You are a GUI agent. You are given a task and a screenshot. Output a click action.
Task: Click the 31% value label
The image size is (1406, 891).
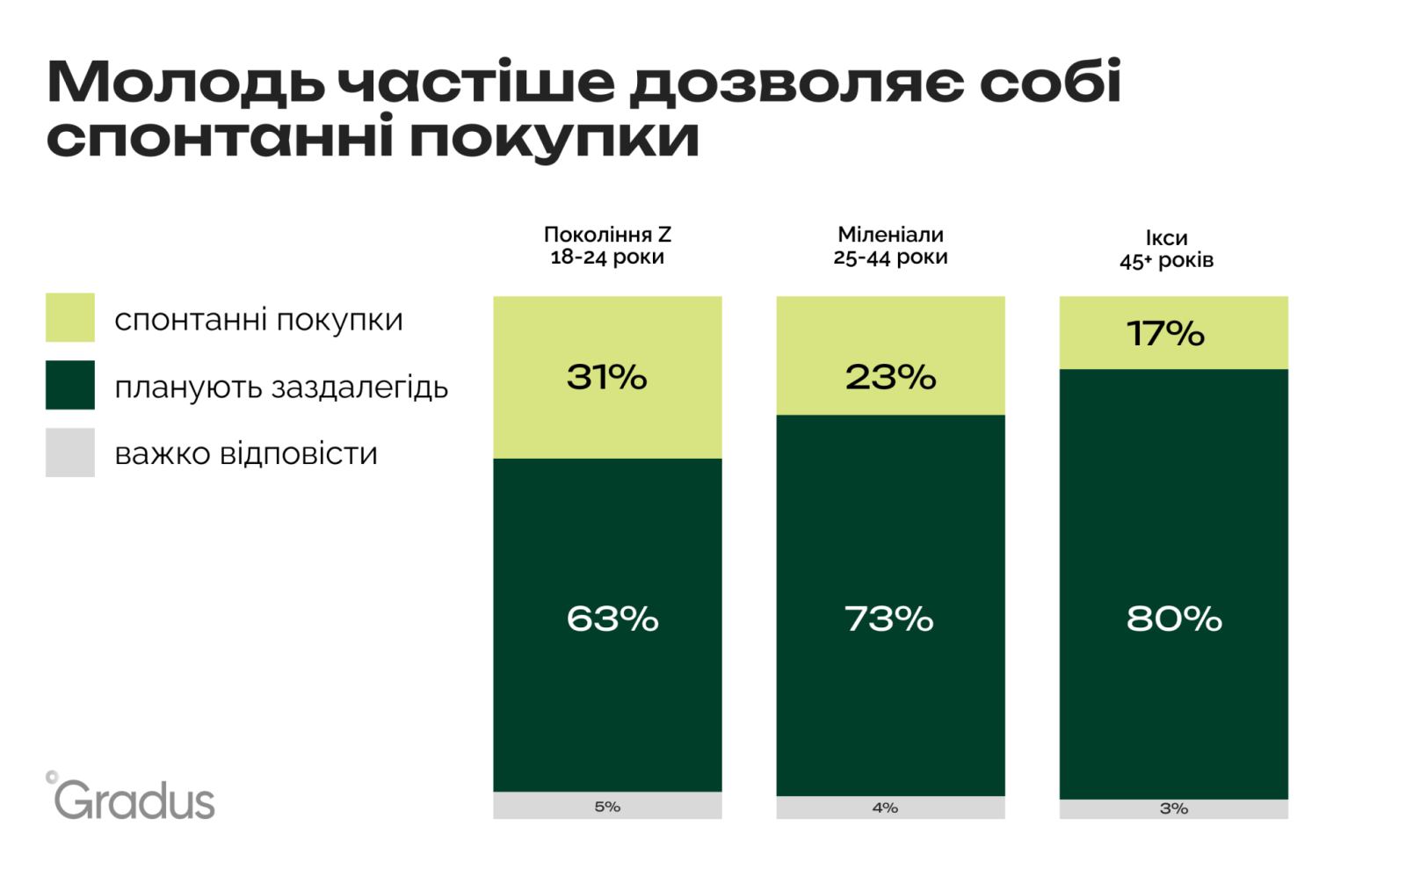point(606,377)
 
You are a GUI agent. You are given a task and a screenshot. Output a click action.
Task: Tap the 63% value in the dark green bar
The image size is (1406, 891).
point(612,619)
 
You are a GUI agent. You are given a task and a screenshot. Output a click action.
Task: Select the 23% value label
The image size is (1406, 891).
point(890,377)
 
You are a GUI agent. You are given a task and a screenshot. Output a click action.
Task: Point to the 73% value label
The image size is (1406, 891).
point(889,619)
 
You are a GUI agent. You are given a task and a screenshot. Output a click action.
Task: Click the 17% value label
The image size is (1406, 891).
point(1165,334)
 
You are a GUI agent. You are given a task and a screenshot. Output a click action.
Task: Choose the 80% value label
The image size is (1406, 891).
point(1174,619)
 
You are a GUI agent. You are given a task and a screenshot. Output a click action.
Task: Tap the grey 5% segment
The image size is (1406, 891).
point(607,806)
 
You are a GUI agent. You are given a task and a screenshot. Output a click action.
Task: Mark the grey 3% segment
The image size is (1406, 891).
point(1174,808)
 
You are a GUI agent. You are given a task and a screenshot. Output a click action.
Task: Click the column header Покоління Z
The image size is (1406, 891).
point(607,245)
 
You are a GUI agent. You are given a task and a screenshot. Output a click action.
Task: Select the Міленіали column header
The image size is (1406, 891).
point(890,245)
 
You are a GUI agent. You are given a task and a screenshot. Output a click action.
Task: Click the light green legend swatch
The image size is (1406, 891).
point(70,317)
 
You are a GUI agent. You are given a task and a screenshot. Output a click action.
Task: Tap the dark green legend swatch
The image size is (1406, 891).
point(70,385)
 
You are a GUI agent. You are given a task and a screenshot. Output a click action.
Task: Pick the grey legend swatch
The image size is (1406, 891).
point(70,453)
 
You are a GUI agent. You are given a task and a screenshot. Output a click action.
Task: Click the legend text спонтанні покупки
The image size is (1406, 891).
point(258,320)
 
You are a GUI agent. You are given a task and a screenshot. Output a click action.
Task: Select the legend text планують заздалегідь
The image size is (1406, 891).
point(281,387)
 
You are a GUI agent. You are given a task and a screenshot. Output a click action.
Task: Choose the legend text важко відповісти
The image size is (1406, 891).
point(246,453)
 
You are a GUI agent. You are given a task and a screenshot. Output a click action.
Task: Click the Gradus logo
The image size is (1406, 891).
point(132,798)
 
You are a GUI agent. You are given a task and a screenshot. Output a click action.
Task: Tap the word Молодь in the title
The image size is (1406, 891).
point(185,83)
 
